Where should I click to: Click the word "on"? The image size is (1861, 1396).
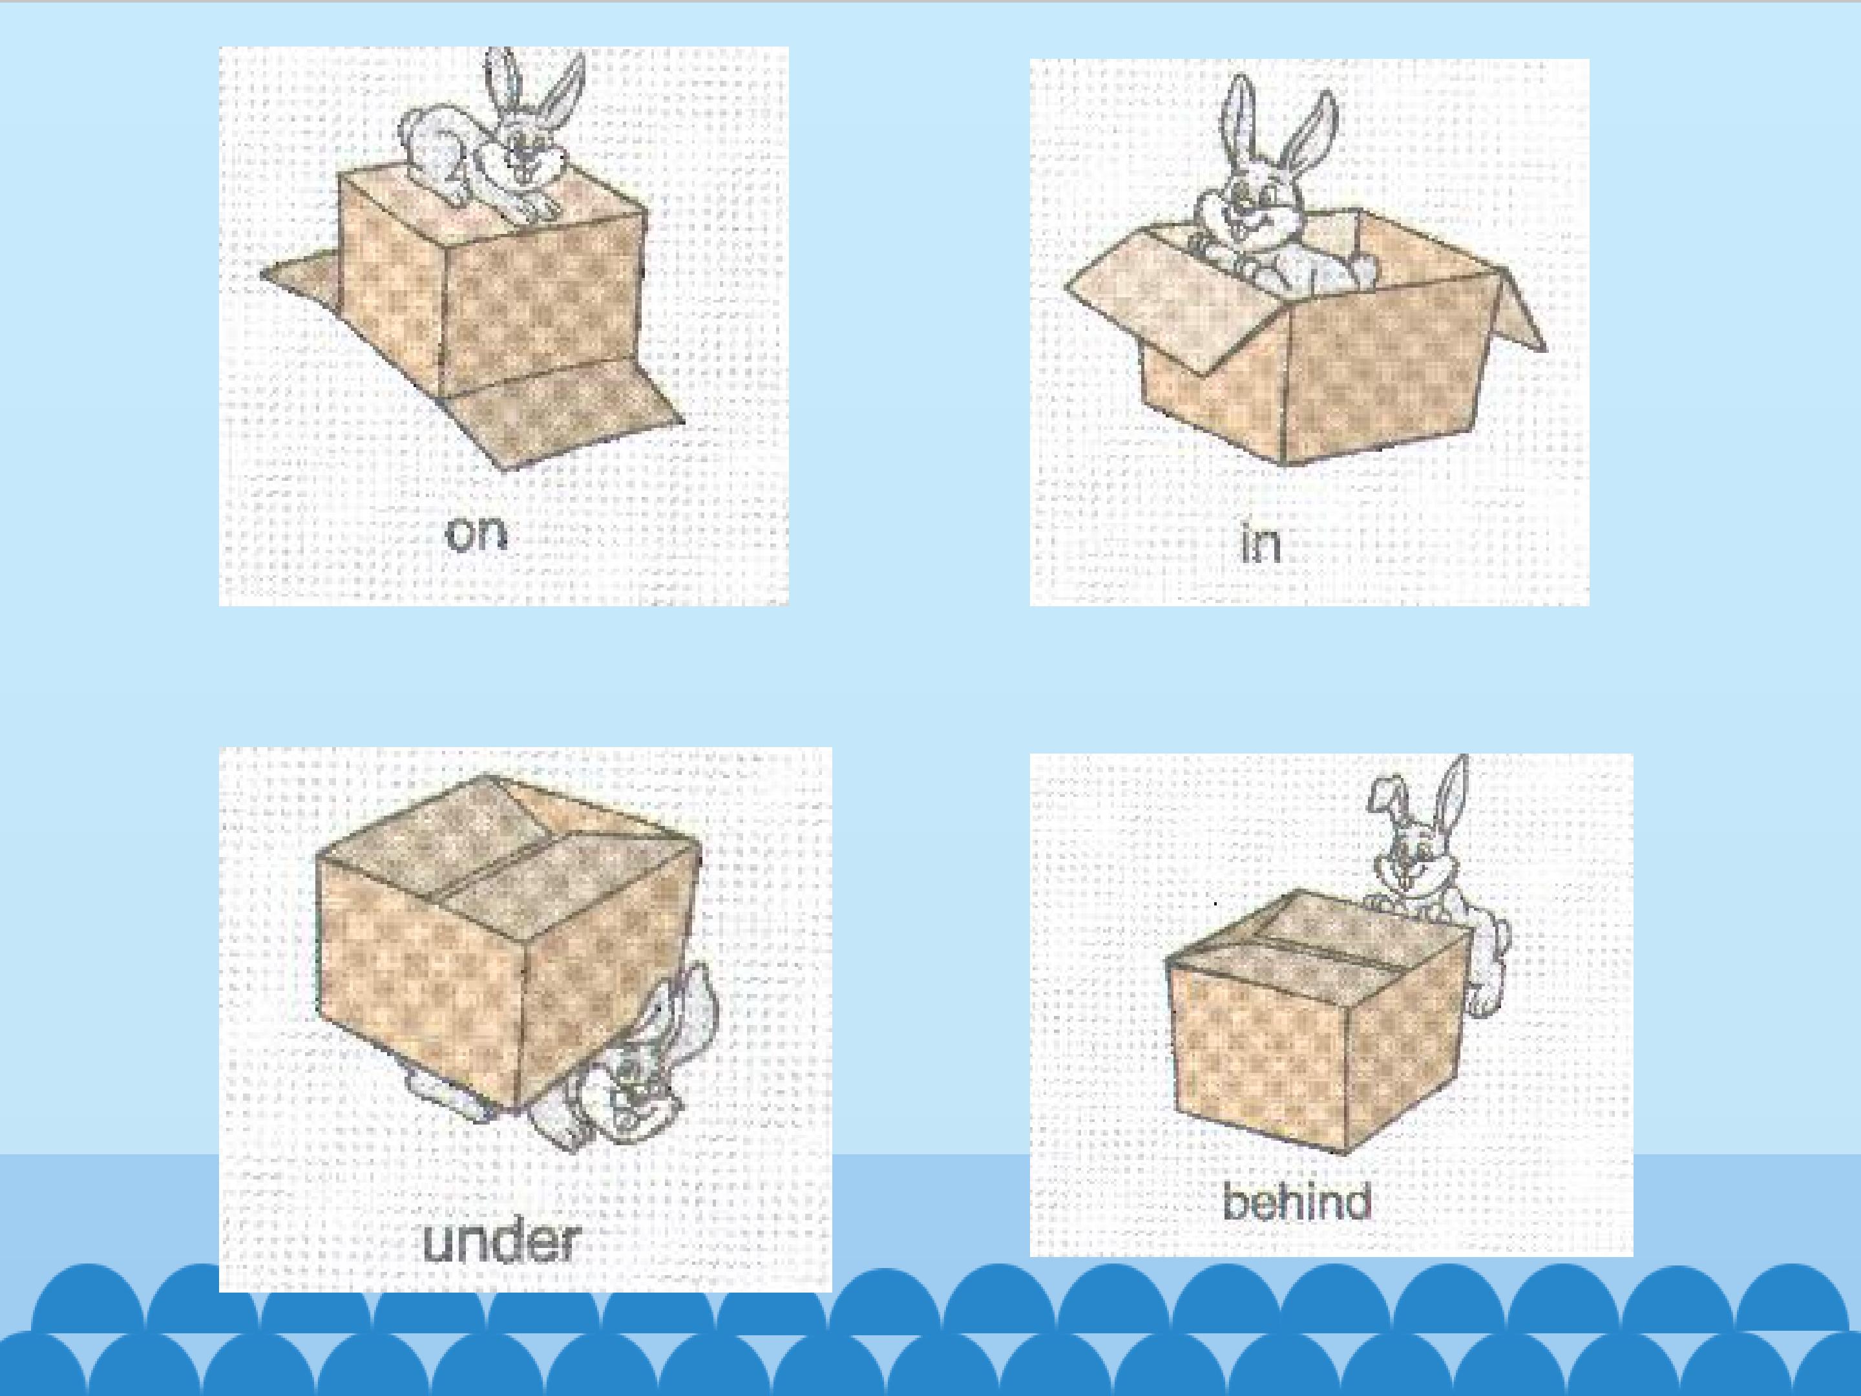tap(477, 533)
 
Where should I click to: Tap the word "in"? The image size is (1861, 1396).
tap(1261, 543)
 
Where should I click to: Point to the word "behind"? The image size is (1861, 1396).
tap(1296, 1201)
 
